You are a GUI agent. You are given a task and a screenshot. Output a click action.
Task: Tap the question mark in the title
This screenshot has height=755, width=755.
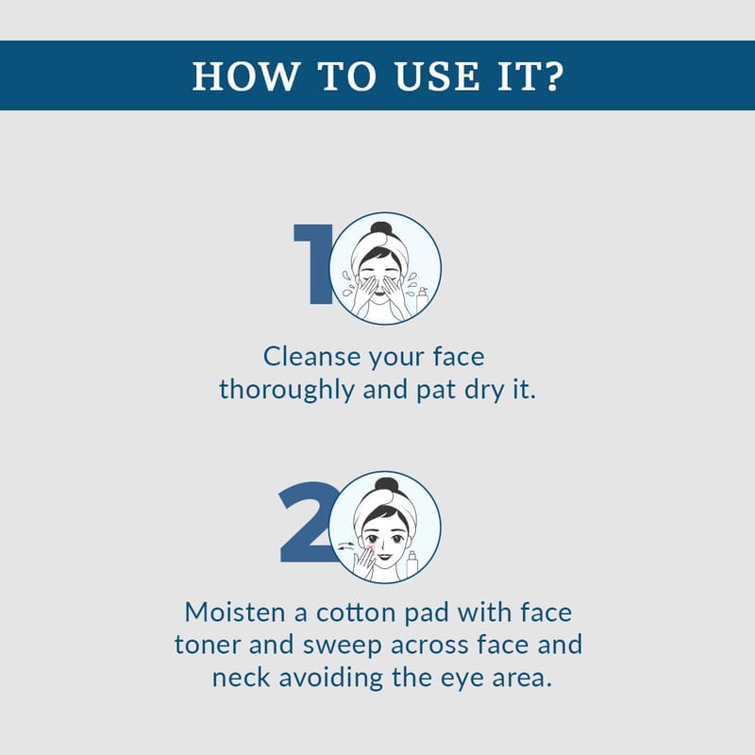[553, 75]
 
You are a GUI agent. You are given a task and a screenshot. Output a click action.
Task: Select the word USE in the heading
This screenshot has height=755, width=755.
[437, 76]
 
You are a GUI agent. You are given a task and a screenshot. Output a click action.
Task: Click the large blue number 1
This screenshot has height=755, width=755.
[314, 264]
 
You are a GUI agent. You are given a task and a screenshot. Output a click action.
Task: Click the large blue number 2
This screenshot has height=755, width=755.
[309, 522]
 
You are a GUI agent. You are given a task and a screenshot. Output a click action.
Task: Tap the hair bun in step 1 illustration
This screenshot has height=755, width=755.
[381, 228]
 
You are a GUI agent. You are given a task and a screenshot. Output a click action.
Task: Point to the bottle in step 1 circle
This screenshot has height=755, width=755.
[422, 301]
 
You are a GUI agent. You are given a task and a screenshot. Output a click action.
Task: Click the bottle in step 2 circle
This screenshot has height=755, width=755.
[411, 563]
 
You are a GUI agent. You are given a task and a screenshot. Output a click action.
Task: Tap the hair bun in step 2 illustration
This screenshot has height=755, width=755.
[385, 486]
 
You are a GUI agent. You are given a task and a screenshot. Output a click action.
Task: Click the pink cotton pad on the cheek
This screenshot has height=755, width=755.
[370, 549]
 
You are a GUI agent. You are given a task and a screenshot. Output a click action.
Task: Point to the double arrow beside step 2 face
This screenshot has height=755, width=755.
[345, 546]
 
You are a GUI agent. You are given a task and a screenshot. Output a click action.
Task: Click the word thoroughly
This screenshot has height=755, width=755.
[287, 390]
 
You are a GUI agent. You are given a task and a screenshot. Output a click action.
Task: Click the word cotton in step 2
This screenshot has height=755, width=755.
[356, 612]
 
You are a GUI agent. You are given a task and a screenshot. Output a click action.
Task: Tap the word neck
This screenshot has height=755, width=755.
[242, 678]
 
